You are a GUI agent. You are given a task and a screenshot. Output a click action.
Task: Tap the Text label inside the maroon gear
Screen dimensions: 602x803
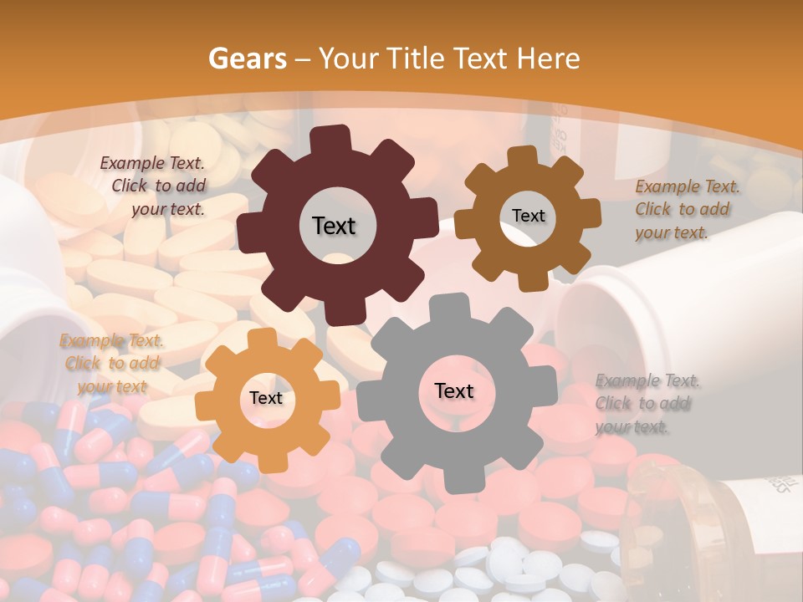pos(334,226)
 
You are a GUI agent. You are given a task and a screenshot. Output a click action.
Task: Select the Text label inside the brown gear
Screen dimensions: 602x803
pos(528,216)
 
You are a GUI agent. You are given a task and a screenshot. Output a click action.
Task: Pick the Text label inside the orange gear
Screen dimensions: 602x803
pos(265,398)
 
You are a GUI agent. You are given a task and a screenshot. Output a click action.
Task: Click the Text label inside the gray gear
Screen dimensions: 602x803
pos(454,390)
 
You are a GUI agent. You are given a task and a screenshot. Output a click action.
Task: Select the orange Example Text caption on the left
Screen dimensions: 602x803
pos(112,363)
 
